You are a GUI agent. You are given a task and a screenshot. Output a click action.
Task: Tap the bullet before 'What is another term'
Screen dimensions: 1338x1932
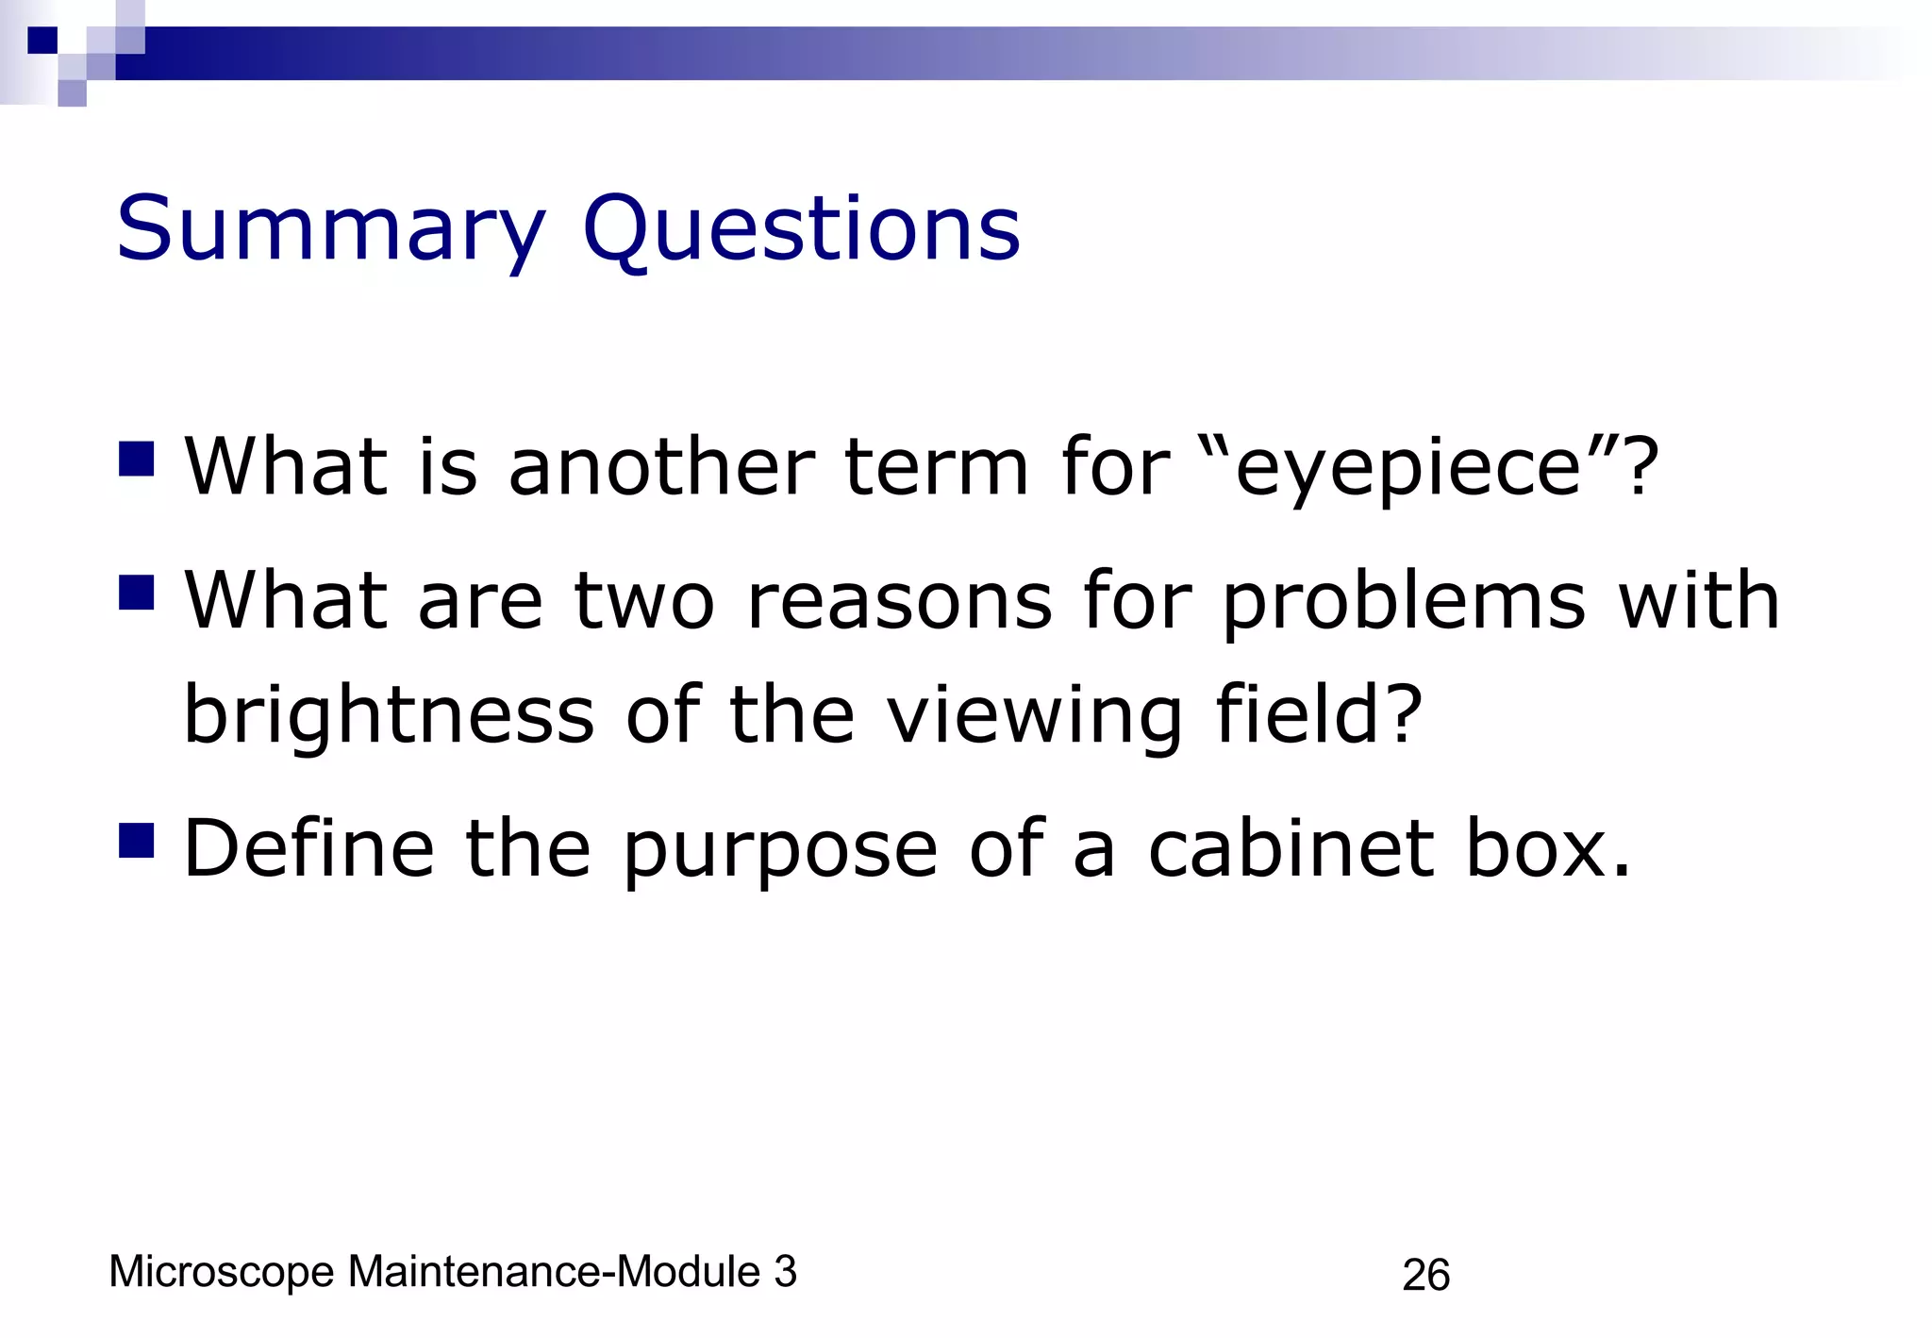pyautogui.click(x=137, y=460)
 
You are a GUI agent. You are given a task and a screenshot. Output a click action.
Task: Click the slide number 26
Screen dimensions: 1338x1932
pyautogui.click(x=1425, y=1275)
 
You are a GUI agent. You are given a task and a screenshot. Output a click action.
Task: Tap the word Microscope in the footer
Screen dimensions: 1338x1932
pyautogui.click(x=222, y=1272)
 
